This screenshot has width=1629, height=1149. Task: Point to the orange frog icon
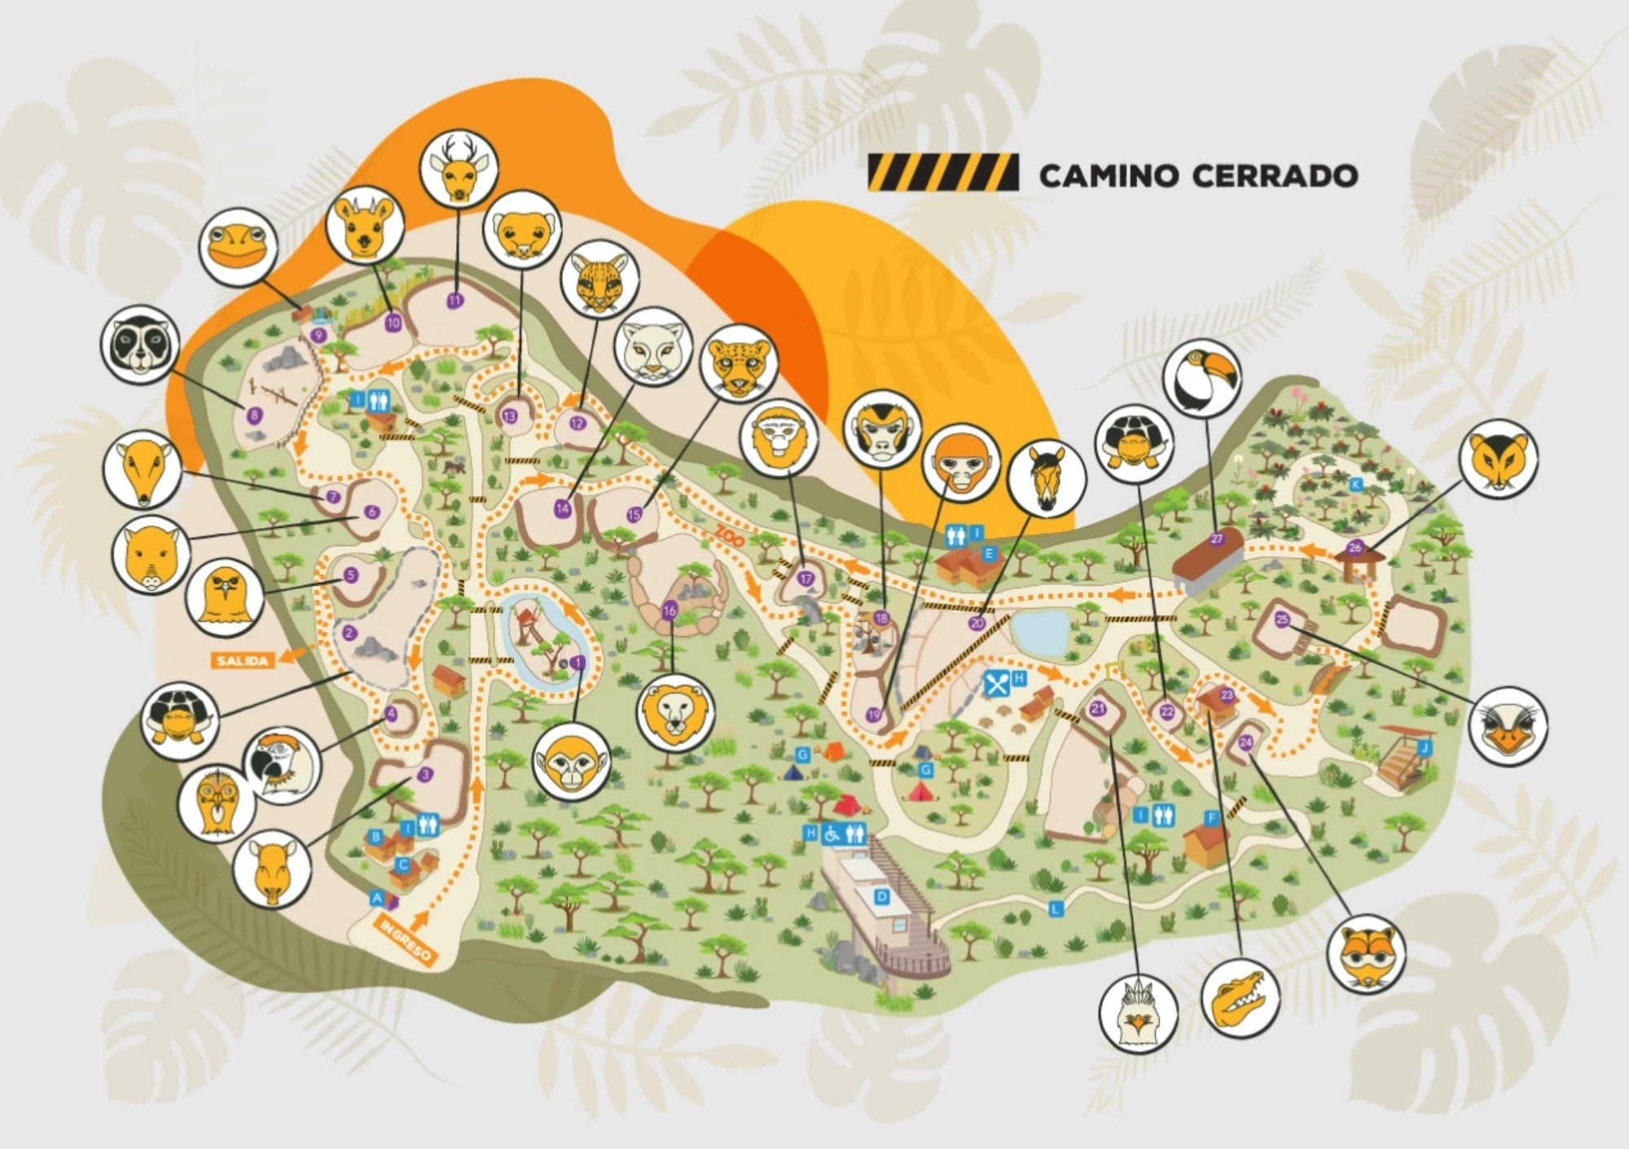[x=238, y=246]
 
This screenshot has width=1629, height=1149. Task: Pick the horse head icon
[x=1047, y=477]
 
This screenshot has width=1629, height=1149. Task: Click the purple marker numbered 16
[x=670, y=610]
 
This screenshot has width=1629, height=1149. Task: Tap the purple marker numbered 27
[x=1217, y=539]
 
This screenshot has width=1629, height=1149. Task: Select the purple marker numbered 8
[x=255, y=416]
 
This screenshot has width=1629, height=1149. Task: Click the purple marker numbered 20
[x=977, y=623]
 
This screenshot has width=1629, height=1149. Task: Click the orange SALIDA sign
[x=242, y=660]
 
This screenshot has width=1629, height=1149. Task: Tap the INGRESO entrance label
[x=405, y=940]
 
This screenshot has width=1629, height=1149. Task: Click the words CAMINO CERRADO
[x=1197, y=175]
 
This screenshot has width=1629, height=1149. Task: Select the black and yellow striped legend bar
[x=942, y=173]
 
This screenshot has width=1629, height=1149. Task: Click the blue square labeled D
[x=880, y=896]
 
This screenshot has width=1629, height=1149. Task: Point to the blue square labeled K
[x=1355, y=484]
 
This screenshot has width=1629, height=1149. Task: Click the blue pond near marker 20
[x=1040, y=632]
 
